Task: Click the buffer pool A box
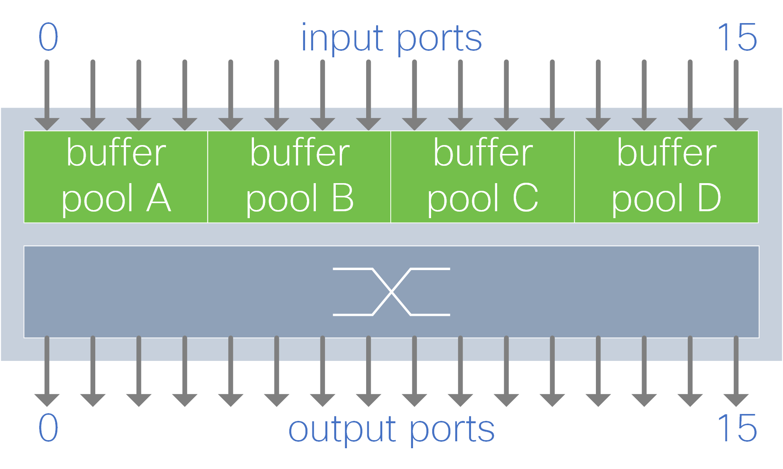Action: pyautogui.click(x=116, y=177)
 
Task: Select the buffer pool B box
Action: pyautogui.click(x=299, y=177)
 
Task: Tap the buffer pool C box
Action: pyautogui.click(x=483, y=177)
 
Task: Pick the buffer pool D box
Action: pyautogui.click(x=666, y=177)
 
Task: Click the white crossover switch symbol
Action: pyautogui.click(x=391, y=292)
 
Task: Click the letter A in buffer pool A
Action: pyautogui.click(x=158, y=198)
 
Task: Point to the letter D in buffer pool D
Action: pyautogui.click(x=709, y=198)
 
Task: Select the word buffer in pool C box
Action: pyautogui.click(x=483, y=153)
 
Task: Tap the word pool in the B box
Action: pyautogui.click(x=281, y=199)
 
